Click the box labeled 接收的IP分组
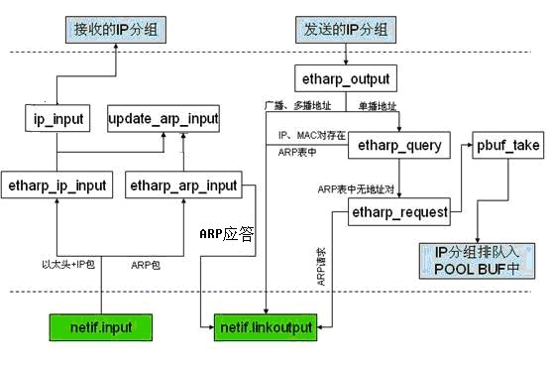pyautogui.click(x=115, y=29)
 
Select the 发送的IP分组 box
pyautogui.click(x=345, y=29)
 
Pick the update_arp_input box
pyautogui.click(x=164, y=121)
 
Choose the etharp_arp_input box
pyautogui.click(x=183, y=185)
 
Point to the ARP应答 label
pyautogui.click(x=228, y=235)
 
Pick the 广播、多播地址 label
pyautogui.click(x=304, y=104)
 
